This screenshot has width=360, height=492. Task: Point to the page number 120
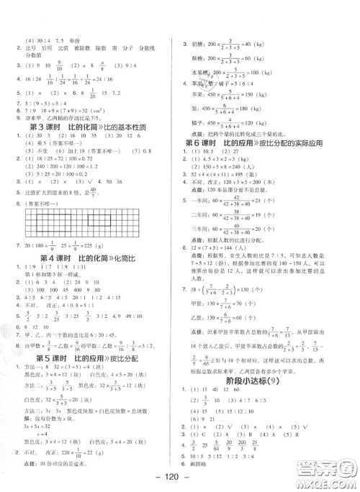click(x=179, y=480)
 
